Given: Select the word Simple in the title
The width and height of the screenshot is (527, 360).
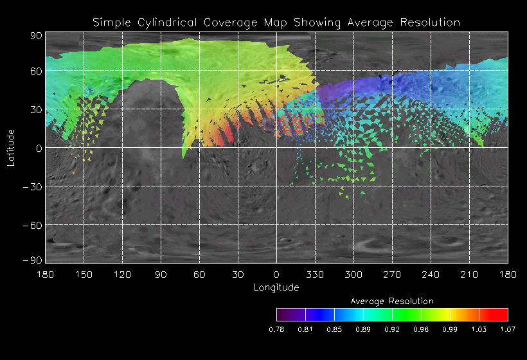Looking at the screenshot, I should (x=111, y=22).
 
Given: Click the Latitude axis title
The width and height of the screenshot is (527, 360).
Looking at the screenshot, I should (x=11, y=147).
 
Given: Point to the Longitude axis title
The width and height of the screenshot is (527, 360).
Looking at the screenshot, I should (x=276, y=287).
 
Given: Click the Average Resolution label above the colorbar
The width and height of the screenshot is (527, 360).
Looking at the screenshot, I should (x=392, y=301).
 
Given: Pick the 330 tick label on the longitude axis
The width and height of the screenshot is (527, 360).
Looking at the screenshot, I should (x=315, y=274).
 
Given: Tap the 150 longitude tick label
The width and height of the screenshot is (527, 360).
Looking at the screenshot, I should (x=84, y=274).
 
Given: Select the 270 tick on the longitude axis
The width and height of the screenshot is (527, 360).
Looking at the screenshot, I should (x=392, y=274).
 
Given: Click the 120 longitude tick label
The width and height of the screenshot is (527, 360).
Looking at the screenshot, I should (x=122, y=274).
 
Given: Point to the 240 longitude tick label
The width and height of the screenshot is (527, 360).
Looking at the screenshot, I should (x=431, y=274).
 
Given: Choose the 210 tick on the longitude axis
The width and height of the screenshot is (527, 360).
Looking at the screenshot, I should (x=469, y=274).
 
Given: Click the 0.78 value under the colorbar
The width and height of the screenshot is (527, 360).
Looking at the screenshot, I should (x=276, y=329).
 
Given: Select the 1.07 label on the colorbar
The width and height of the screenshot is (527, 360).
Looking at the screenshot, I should (x=508, y=329).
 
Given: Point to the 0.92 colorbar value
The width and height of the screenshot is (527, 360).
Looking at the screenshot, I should (x=392, y=329).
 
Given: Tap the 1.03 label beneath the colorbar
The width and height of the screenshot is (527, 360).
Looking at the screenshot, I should (x=479, y=329).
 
